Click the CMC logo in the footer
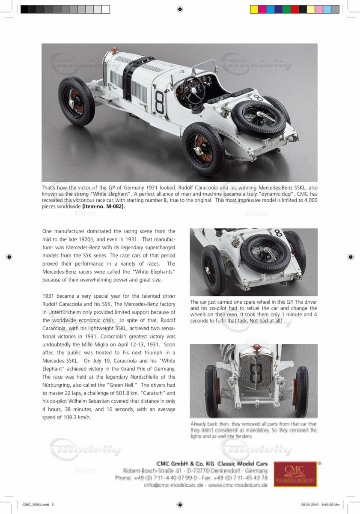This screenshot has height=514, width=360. pos(295,474)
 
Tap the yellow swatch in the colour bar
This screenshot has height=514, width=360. pos(254,9)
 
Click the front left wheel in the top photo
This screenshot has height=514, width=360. pos(76,101)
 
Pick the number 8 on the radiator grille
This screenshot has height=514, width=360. pos(256,373)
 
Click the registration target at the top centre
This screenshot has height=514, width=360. pos(180,9)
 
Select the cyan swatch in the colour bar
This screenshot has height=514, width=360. pos(270,9)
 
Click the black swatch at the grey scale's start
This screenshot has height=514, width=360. pos(24,9)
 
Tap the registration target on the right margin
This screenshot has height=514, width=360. pos(351,257)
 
